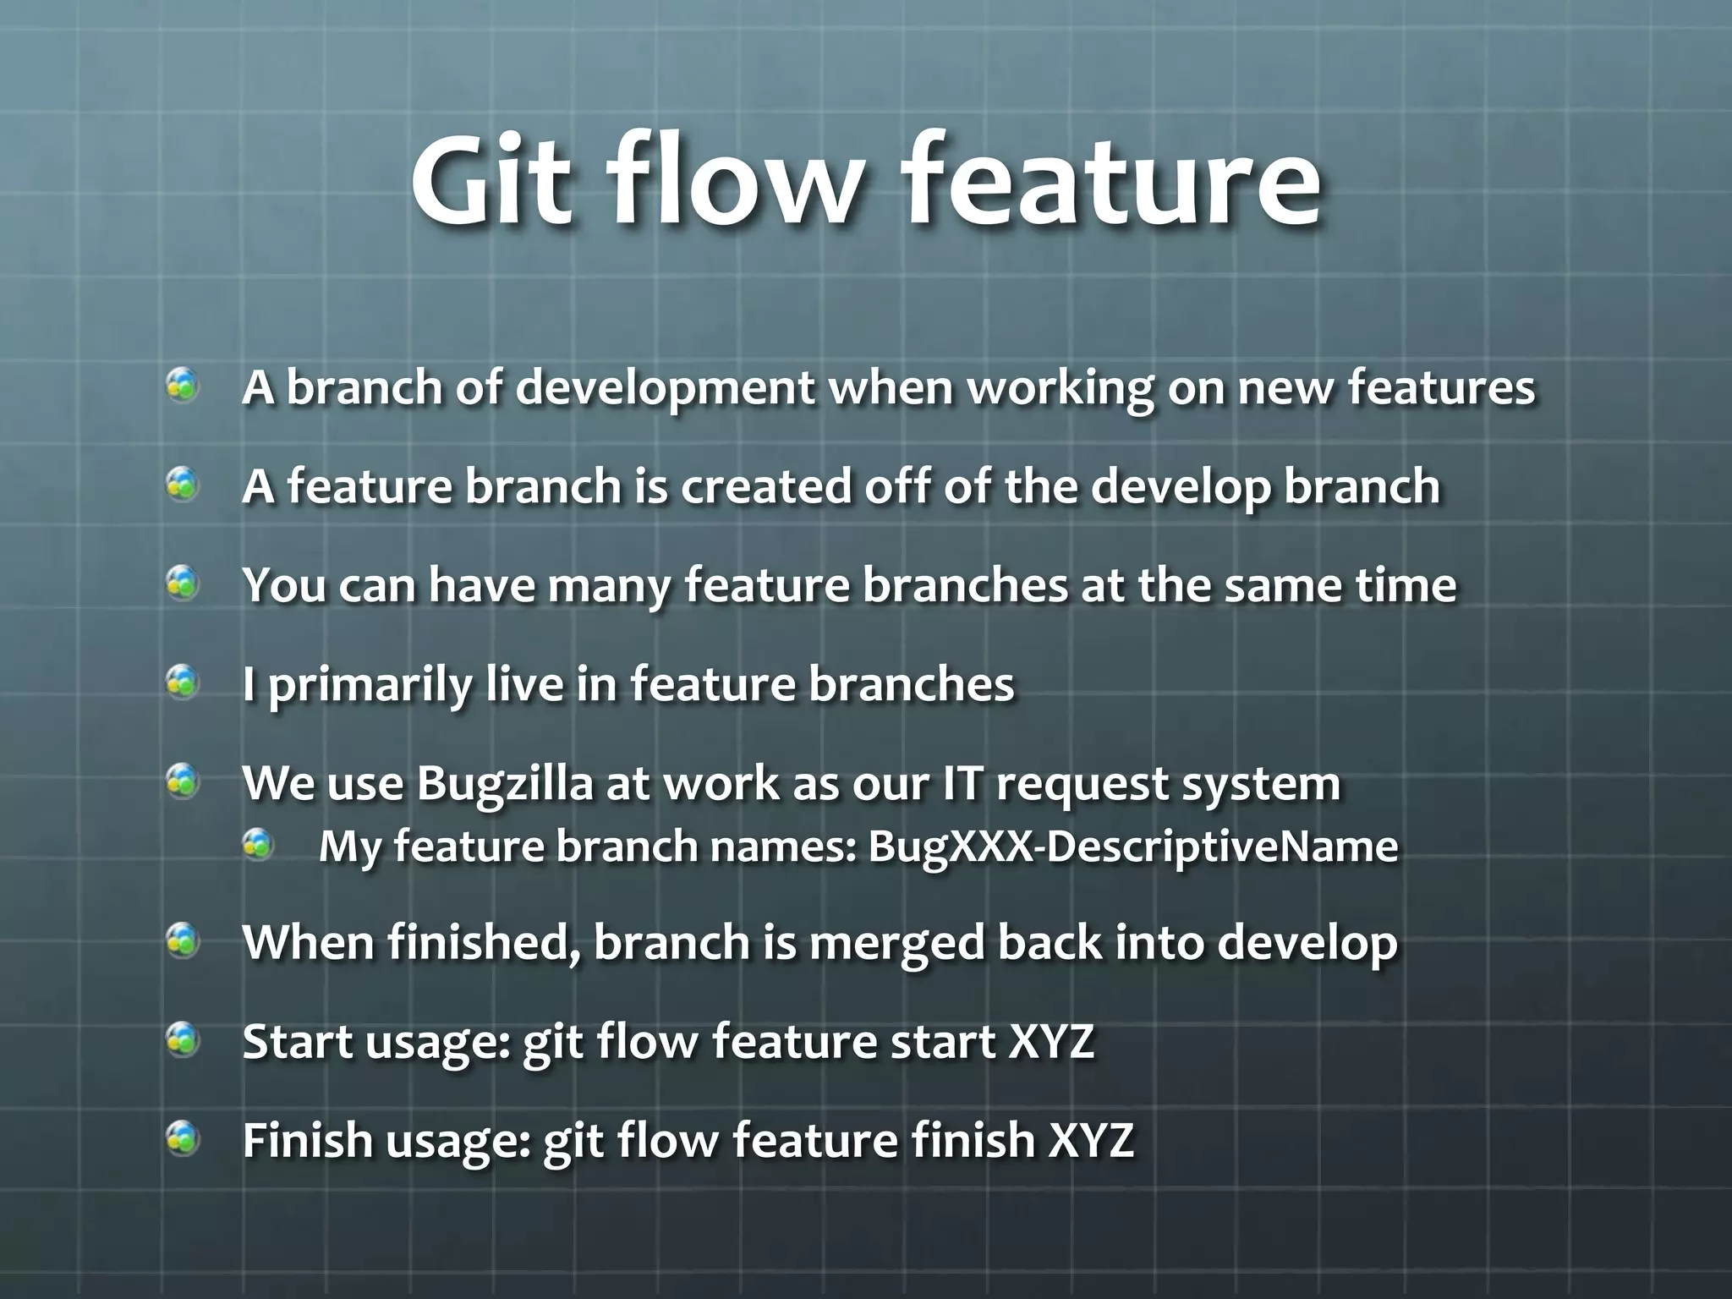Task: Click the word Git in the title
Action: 490,181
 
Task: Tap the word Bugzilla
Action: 504,785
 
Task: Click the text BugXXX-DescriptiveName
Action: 1132,847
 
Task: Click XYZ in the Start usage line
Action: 1051,1041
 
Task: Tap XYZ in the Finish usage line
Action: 1091,1140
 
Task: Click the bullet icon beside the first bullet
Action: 182,386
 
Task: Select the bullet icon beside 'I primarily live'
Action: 182,682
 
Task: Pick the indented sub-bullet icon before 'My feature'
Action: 258,843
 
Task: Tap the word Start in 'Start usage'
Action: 296,1041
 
